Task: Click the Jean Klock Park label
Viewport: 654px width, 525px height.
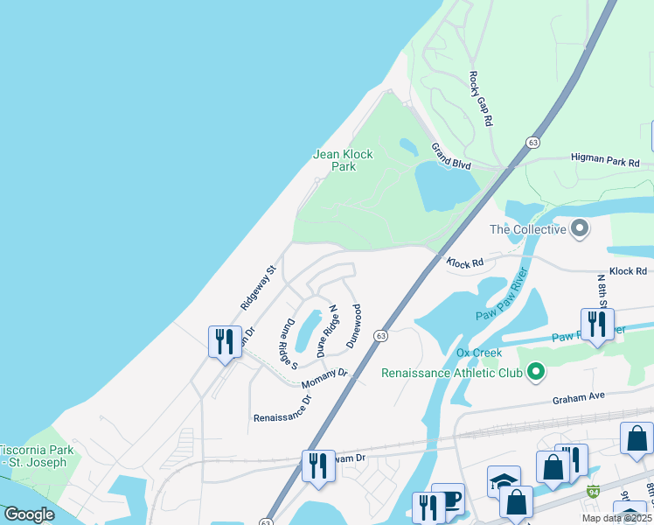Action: pos(343,160)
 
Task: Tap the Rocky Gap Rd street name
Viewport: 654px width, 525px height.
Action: pos(481,99)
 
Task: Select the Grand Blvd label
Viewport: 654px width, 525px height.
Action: pos(451,157)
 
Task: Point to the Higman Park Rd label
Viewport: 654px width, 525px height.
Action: pos(605,163)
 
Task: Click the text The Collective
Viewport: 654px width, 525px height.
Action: pos(527,230)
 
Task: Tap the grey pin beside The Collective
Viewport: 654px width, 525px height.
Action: pos(579,230)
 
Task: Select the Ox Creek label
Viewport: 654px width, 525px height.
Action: pos(479,353)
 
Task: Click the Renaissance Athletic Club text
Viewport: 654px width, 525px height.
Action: pos(451,373)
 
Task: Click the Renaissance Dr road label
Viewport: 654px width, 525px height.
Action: pos(282,409)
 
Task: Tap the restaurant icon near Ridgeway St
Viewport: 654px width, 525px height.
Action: pos(224,340)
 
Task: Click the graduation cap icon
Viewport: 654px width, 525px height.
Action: pos(504,481)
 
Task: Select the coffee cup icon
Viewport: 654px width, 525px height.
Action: pos(449,500)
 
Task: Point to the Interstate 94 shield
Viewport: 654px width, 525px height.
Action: pos(594,493)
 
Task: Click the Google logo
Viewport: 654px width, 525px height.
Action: pos(29,514)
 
